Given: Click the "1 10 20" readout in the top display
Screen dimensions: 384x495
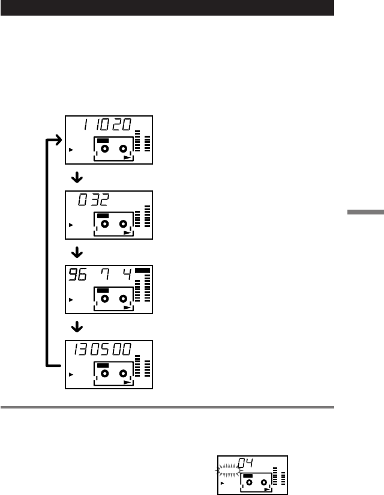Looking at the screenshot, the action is (x=103, y=125).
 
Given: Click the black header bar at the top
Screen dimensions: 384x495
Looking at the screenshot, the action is (x=167, y=7).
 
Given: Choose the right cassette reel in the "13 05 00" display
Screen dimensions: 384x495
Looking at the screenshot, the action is (x=124, y=374).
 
